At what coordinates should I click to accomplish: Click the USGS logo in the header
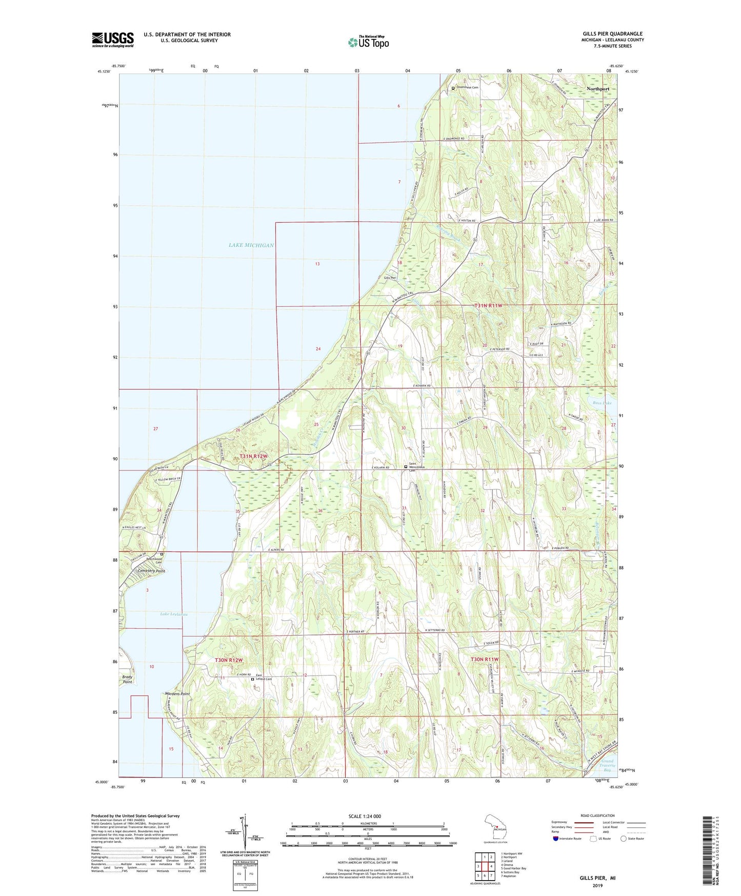pos(112,40)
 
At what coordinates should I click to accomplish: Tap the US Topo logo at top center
pos(368,42)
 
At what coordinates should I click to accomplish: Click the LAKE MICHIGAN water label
pos(251,245)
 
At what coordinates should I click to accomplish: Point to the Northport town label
pos(598,89)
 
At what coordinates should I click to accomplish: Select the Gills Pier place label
pos(391,278)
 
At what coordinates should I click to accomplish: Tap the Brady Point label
pos(128,679)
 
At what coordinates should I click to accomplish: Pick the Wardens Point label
pos(177,694)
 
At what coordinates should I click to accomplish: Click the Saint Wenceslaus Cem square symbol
pos(406,467)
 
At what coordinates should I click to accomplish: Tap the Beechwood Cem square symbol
pos(162,554)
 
